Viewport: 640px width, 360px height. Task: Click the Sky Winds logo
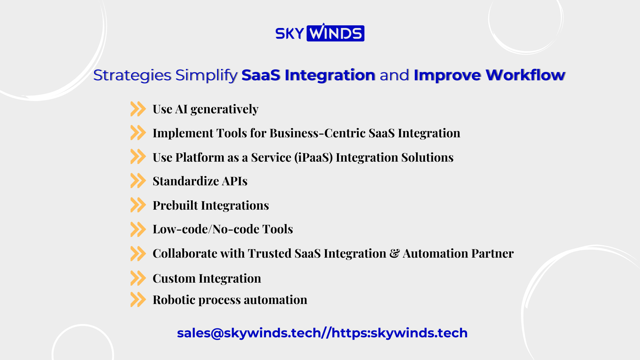320,32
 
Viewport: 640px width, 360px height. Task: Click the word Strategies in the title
132,75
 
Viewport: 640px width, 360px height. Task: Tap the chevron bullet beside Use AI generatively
138,109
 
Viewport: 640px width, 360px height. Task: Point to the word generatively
224,109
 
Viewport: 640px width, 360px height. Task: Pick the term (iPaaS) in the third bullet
313,157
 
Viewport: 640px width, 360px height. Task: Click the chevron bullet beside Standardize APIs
138,181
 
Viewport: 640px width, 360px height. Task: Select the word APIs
235,181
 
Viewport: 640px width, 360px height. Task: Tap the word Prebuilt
175,205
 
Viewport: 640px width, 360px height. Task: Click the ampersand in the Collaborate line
394,253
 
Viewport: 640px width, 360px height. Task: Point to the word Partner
493,253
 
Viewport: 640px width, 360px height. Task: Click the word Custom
174,278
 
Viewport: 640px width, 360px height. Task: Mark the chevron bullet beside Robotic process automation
138,299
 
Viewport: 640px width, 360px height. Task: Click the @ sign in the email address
217,333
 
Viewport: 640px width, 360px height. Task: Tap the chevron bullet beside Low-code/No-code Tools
138,229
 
